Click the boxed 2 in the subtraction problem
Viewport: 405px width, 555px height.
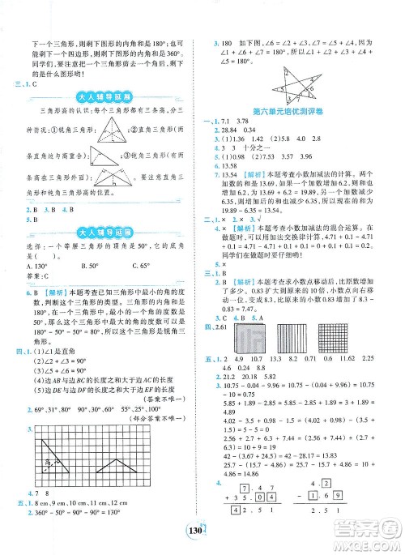pyautogui.click(x=327, y=514)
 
